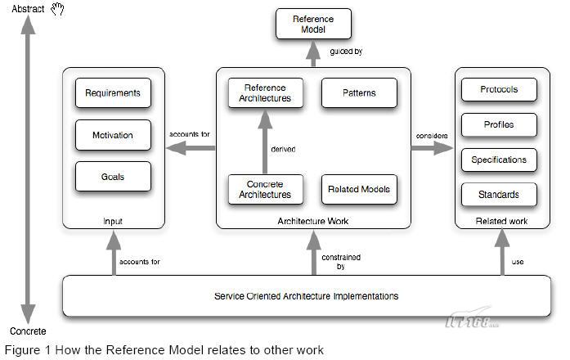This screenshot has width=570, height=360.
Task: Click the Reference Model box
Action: (x=313, y=24)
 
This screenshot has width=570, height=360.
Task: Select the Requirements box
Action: (x=113, y=93)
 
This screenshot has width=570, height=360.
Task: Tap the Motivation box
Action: (x=113, y=135)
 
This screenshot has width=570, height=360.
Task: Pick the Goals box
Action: (x=113, y=177)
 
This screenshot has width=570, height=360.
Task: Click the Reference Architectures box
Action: (x=265, y=93)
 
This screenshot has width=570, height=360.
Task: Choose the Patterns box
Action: (x=359, y=93)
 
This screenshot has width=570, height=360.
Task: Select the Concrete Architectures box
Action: (x=265, y=190)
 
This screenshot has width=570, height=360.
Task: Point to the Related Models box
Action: (x=359, y=190)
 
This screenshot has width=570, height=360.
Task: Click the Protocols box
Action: (x=499, y=89)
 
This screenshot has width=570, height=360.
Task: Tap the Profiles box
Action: (x=499, y=124)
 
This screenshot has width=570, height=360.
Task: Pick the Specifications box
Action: (x=499, y=160)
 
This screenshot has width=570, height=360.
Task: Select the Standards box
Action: (x=499, y=195)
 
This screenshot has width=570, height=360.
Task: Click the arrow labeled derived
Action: (x=265, y=142)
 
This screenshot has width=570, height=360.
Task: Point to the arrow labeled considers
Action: (x=433, y=148)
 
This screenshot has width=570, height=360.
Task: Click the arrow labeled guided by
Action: (x=313, y=53)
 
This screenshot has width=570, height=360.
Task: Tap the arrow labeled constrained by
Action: (x=313, y=253)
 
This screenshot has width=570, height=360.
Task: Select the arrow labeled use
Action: (x=502, y=252)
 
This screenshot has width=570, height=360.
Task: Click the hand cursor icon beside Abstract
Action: (x=57, y=9)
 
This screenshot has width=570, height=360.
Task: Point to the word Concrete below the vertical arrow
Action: (x=28, y=331)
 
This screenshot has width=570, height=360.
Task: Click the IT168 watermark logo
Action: (x=472, y=319)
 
